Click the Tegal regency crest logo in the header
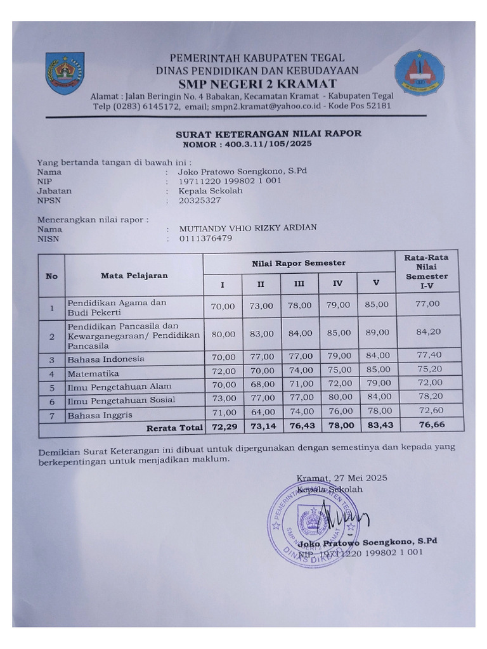pos(65,73)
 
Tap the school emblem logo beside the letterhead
pos(419,73)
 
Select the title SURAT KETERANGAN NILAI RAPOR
pos(268,134)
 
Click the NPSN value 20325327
pos(200,200)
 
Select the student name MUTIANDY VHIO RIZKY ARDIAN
pos(248,228)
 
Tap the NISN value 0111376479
pos(205,238)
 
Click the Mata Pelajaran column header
pos(134,275)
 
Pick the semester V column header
pos(376,283)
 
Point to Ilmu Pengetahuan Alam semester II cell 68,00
pos(261,385)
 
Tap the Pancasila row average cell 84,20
pos(428,331)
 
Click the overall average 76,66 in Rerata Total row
pos(431,426)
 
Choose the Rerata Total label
pos(175,428)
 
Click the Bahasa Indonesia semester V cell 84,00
pos(377,356)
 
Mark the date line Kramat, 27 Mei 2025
pos(342,478)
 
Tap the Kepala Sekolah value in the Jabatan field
pos(211,191)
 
